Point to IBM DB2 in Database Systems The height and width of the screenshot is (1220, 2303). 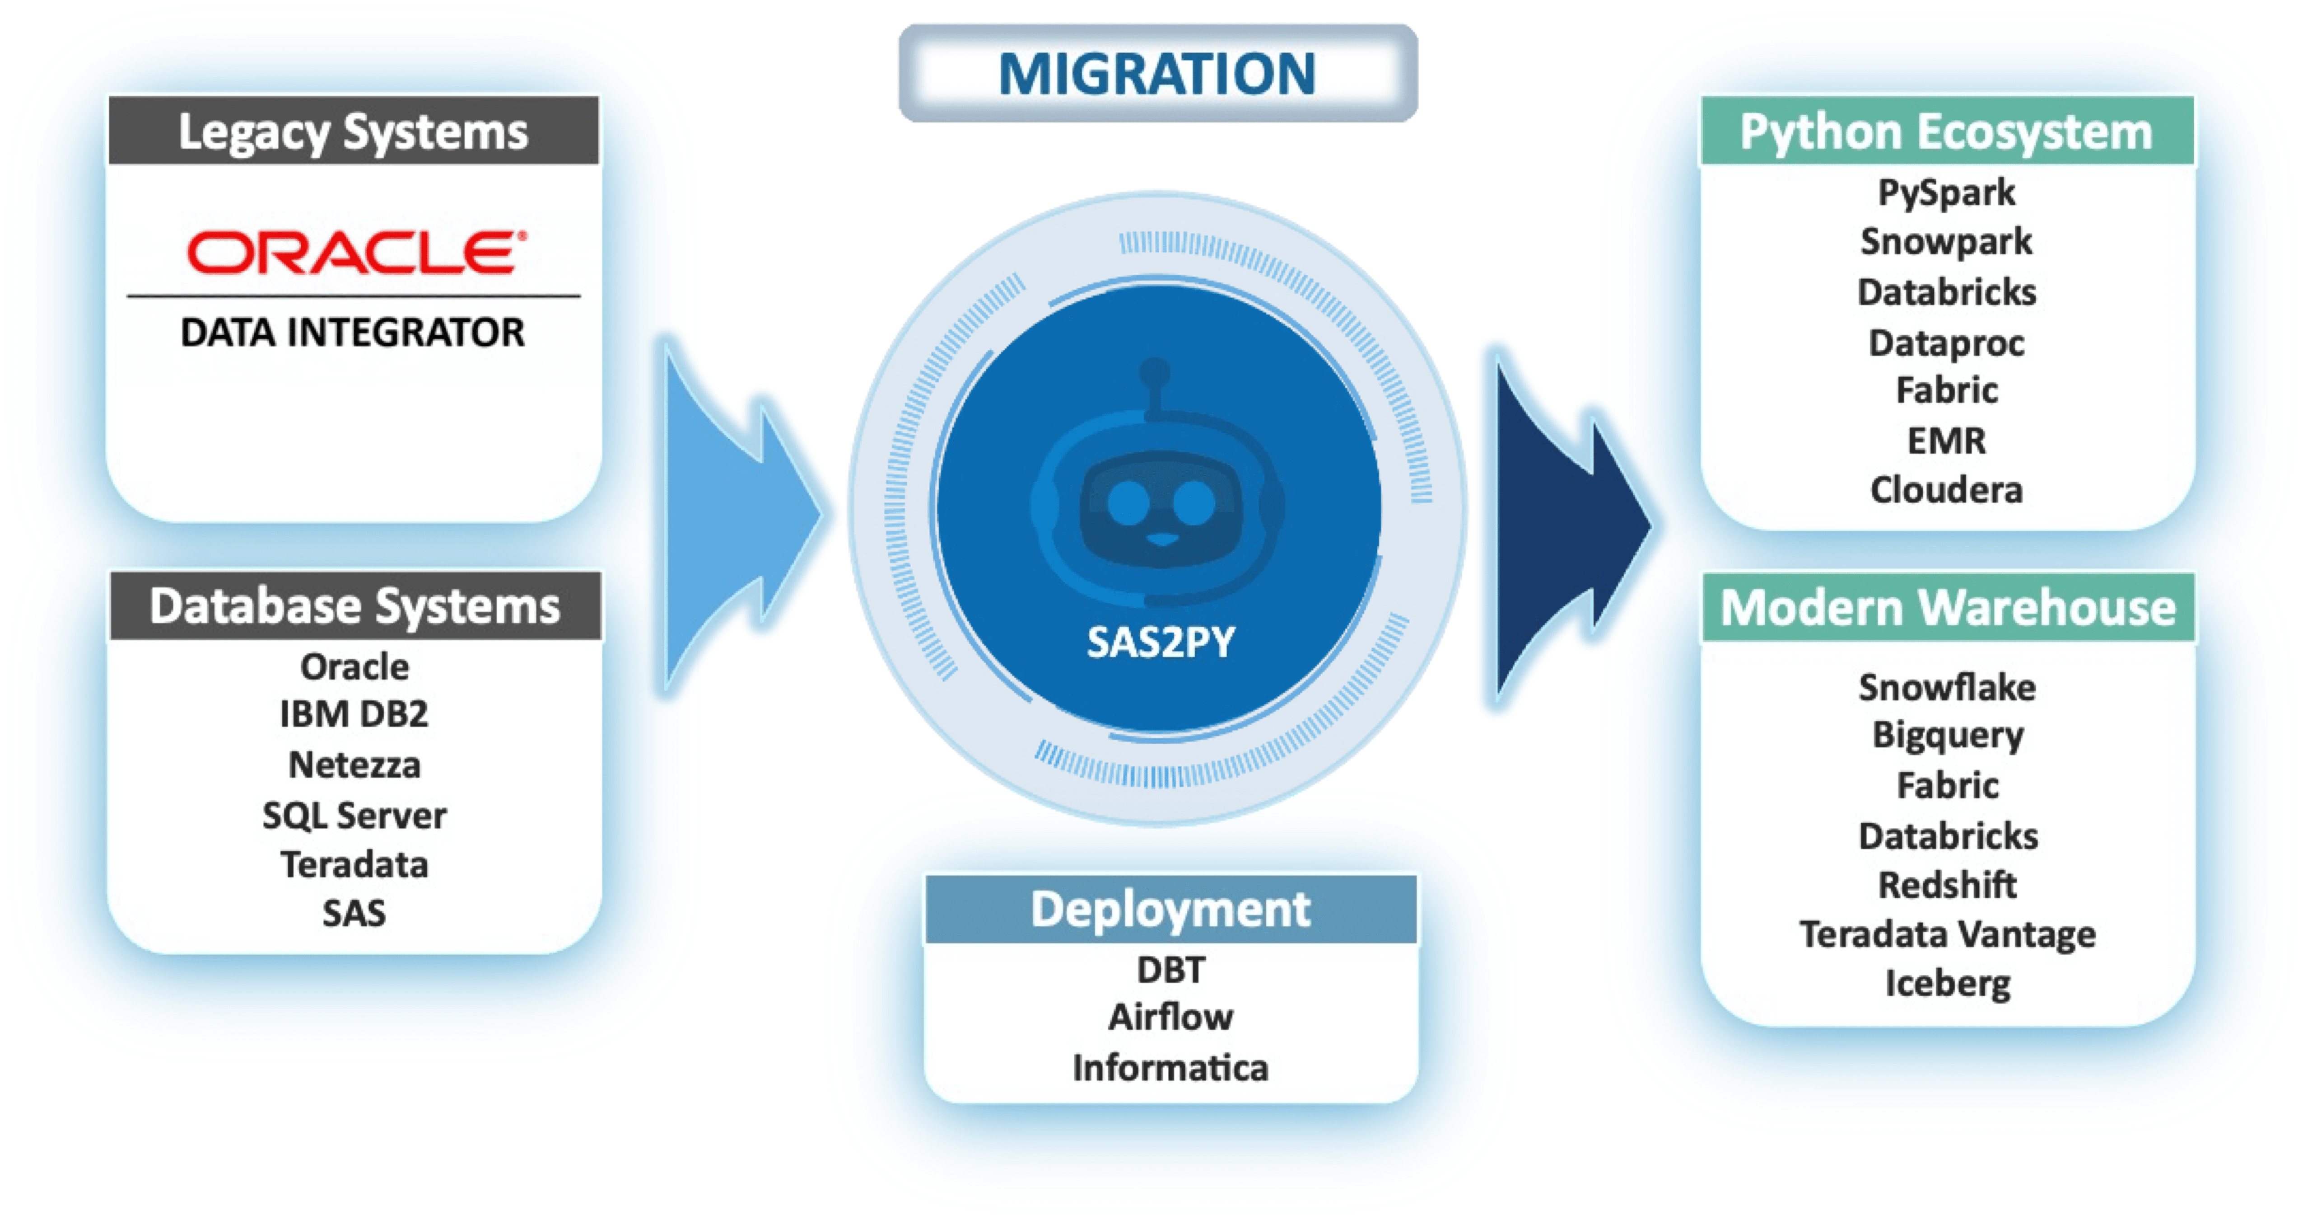354,714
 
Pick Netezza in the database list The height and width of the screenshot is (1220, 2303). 354,765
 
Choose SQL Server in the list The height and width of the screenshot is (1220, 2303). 354,815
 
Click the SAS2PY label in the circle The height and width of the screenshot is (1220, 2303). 1161,641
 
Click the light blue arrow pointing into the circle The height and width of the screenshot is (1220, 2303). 742,514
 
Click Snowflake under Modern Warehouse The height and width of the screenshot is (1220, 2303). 1947,687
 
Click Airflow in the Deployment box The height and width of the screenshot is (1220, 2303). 1170,1017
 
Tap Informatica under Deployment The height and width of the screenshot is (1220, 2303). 1170,1068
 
